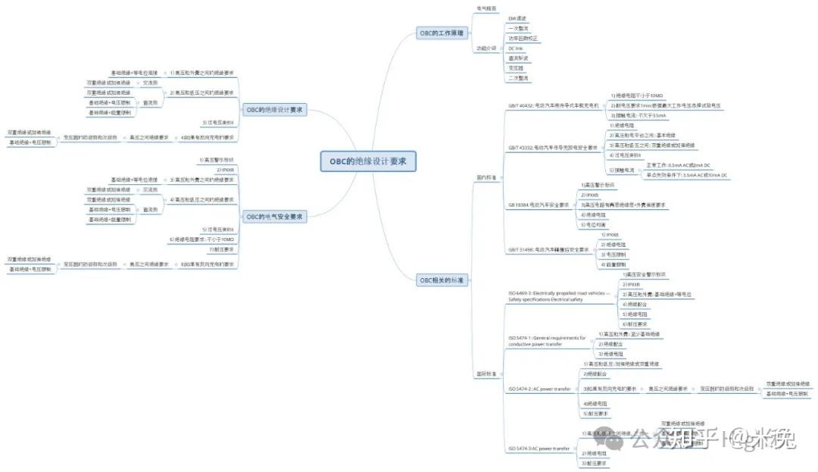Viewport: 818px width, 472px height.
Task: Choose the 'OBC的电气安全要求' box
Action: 276,217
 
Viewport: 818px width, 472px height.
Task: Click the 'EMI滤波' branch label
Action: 517,17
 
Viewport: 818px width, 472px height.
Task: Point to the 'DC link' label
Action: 515,48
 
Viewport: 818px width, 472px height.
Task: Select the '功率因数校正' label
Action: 523,38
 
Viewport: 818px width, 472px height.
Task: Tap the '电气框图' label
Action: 486,8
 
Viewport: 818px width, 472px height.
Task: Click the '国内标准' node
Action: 486,177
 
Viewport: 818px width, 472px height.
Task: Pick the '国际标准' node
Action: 486,374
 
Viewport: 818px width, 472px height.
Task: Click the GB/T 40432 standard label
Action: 554,106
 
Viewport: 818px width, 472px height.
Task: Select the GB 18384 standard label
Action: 539,205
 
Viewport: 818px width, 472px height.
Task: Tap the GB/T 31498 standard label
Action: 548,249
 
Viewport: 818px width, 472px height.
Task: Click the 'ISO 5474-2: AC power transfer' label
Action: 539,389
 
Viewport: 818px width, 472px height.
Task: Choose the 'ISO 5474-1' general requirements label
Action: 547,340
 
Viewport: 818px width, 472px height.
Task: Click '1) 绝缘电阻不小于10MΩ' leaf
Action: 637,95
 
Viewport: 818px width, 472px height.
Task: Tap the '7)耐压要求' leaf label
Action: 221,249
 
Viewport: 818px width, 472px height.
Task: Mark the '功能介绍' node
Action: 486,48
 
